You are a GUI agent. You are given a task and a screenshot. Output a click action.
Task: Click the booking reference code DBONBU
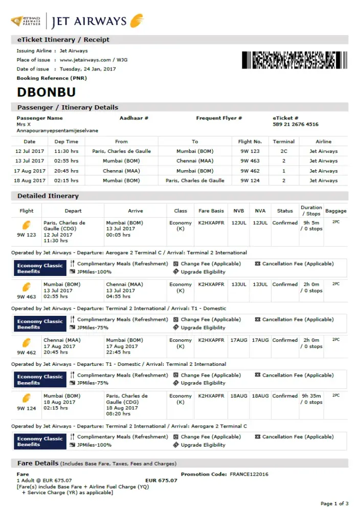tap(47, 92)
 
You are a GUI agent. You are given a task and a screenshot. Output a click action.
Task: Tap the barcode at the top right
tap(294, 60)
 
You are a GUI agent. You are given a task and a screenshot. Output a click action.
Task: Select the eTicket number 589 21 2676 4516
tap(296, 124)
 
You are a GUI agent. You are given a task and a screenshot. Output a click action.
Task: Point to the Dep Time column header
tap(66, 142)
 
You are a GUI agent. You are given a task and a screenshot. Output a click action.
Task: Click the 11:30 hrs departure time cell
tap(66, 151)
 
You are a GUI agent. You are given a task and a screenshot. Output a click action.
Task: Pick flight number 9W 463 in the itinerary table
tap(250, 161)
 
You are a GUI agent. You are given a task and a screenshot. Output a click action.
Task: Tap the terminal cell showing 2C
tap(284, 151)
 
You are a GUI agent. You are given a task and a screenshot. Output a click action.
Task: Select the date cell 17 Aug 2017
tap(30, 171)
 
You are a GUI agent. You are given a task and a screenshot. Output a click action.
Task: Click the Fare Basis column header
tap(211, 211)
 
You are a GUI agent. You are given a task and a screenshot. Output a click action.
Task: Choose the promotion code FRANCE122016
tap(249, 474)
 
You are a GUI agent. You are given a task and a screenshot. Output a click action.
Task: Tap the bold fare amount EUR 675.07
tap(161, 480)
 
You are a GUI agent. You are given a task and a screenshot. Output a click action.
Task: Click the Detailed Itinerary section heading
tap(48, 196)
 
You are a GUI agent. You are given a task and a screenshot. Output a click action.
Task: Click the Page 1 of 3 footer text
tap(334, 504)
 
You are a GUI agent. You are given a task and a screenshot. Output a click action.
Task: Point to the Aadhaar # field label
tap(134, 118)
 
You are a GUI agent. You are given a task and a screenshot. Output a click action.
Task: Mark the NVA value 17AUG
tap(260, 340)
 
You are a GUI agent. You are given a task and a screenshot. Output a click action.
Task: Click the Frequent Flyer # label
tap(219, 118)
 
